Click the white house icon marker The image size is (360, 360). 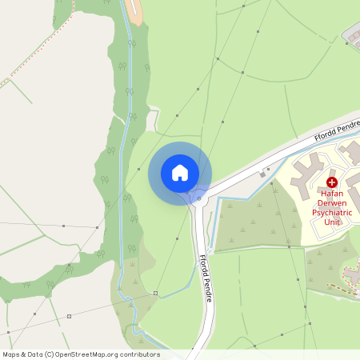point(180,173)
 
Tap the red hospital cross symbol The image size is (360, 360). point(331,183)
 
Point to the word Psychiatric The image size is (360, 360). point(331,214)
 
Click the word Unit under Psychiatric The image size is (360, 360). point(331,223)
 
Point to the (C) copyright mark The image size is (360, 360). point(50,354)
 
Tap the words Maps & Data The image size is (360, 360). point(22,354)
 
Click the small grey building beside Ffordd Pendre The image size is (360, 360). point(264,173)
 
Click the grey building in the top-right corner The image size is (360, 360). point(352,34)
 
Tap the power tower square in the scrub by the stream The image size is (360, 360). point(156,294)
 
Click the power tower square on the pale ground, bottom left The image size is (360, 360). point(69,316)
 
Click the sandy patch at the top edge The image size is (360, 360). point(138,10)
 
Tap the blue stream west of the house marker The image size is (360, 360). point(122,172)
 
